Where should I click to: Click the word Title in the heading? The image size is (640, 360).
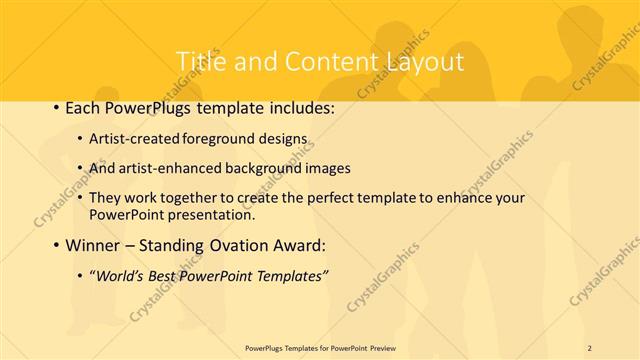[x=200, y=62]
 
